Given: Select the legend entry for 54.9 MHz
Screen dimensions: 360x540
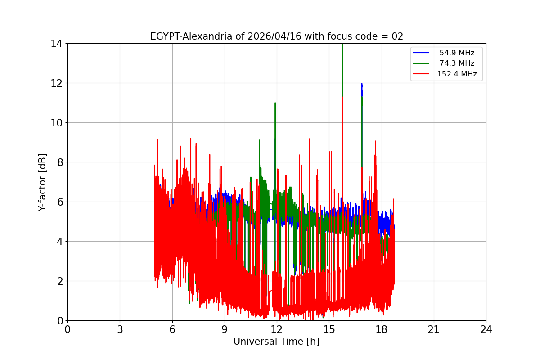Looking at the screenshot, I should (457, 53).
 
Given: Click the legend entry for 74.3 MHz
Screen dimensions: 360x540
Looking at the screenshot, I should (457, 63).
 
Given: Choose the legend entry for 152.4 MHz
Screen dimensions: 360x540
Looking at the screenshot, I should (457, 74).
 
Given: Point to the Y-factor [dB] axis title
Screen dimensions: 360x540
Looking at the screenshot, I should (42, 182).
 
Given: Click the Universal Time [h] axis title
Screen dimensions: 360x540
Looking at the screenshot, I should (276, 342).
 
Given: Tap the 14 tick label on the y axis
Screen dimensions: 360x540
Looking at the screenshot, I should (56, 44).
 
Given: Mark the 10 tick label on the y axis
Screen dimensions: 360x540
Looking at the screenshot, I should (56, 123).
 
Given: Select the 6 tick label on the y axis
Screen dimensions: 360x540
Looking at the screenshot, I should (59, 202).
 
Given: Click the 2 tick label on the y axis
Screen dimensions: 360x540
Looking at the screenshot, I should (59, 281).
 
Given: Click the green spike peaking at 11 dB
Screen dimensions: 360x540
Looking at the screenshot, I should (275, 103).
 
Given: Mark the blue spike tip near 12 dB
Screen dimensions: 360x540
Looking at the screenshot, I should (362, 84).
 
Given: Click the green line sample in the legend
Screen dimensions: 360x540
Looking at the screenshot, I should (421, 63).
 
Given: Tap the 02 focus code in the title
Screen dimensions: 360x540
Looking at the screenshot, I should (397, 36).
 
